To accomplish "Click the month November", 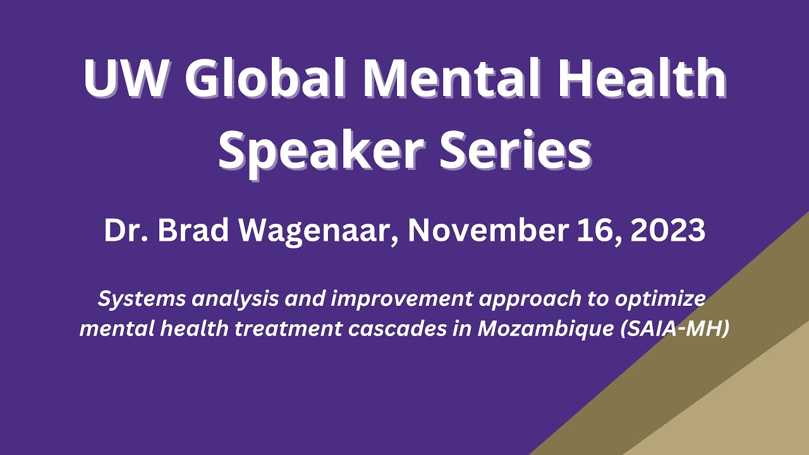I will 485,231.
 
